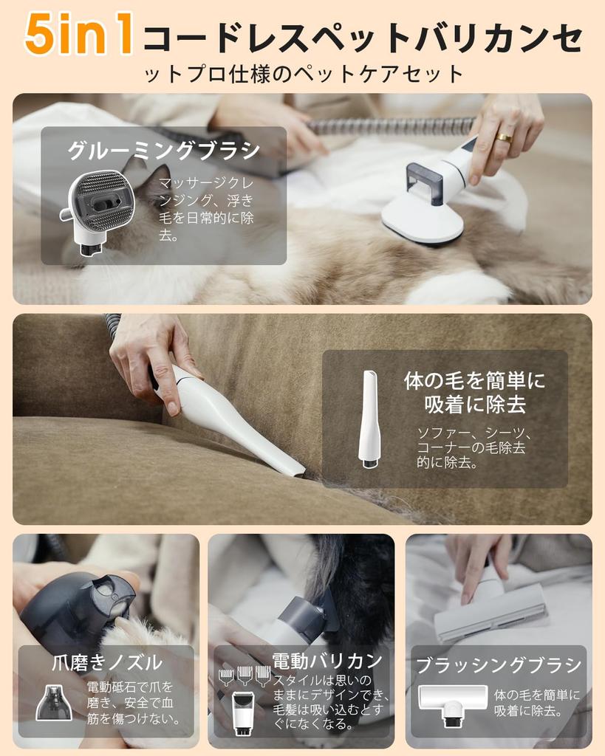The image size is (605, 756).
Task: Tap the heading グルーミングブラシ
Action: (164, 151)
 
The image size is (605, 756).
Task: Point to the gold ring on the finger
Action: (504, 137)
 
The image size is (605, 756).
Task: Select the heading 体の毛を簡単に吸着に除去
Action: (474, 392)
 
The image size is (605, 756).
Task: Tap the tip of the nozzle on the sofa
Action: (294, 470)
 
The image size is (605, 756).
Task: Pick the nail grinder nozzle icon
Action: (54, 702)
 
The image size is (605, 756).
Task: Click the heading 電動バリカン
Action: (327, 660)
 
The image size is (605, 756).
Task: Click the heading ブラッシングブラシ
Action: (499, 665)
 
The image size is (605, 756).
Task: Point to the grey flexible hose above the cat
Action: (392, 126)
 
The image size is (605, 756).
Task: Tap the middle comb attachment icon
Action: (245, 675)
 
